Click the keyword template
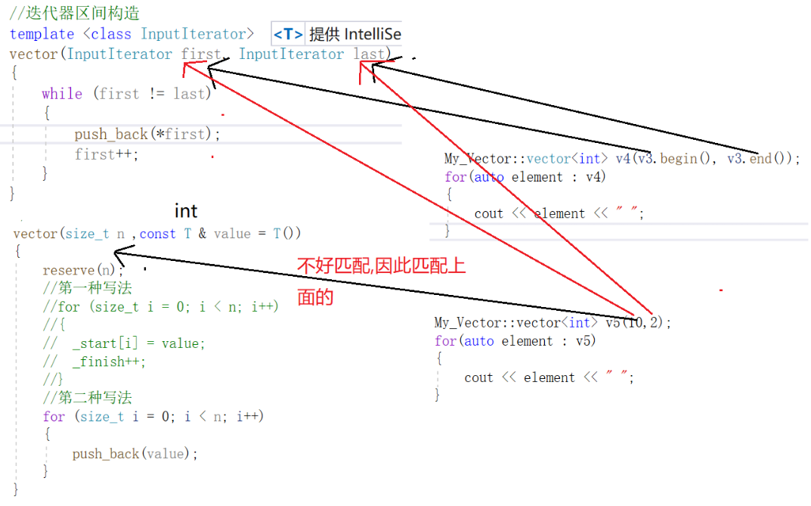pos(42,34)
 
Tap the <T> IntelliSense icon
pos(288,34)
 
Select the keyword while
pos(62,94)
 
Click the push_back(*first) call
pos(147,134)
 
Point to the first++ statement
pos(107,154)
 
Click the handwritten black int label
pos(186,211)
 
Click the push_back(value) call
pos(135,454)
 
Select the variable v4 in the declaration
pos(622,159)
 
